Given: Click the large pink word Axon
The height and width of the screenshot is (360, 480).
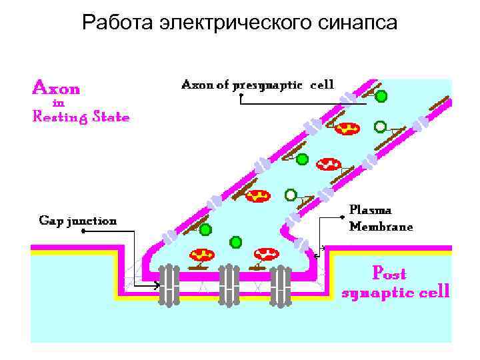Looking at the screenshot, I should pyautogui.click(x=57, y=88).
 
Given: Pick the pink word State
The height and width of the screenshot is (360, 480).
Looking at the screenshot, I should pyautogui.click(x=111, y=116).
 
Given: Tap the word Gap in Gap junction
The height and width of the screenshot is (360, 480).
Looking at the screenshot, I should pyautogui.click(x=50, y=221).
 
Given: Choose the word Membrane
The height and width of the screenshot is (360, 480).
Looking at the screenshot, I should pyautogui.click(x=381, y=226).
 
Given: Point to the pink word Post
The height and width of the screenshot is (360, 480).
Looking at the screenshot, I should pyautogui.click(x=389, y=273).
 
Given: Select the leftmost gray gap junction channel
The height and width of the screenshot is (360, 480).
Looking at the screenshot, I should pyautogui.click(x=170, y=285).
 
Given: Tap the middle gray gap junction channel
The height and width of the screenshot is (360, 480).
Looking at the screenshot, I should pyautogui.click(x=229, y=285).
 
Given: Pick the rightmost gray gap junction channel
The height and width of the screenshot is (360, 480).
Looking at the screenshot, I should pyautogui.click(x=281, y=285).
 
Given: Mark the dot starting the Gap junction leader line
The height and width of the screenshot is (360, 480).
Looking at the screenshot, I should pyautogui.click(x=83, y=232).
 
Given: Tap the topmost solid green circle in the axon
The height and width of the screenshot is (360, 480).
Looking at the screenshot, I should pyautogui.click(x=381, y=96).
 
